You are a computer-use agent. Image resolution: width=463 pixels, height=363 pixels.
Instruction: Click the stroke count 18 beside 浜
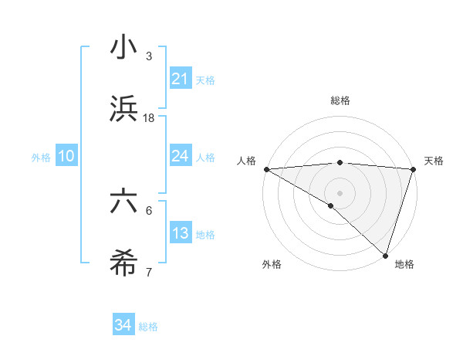(149, 118)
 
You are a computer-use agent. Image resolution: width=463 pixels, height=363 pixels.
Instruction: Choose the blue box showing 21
(180, 79)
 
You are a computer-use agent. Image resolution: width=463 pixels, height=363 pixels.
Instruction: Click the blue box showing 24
(180, 156)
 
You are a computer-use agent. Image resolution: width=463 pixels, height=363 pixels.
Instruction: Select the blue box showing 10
(66, 156)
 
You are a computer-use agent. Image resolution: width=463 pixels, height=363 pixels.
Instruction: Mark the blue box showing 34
(123, 326)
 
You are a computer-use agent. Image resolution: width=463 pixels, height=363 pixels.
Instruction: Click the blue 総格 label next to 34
(148, 327)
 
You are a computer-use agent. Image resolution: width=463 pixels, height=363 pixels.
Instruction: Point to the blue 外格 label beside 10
(41, 157)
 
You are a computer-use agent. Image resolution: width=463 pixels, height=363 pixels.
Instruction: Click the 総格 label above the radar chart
(340, 100)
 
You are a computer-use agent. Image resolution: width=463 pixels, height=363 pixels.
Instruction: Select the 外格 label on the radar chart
(272, 264)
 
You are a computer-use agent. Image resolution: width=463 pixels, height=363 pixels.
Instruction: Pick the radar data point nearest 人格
(266, 168)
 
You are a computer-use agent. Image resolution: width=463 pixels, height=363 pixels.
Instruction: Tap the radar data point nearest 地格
(384, 255)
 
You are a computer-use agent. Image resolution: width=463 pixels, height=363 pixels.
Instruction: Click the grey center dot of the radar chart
(340, 192)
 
